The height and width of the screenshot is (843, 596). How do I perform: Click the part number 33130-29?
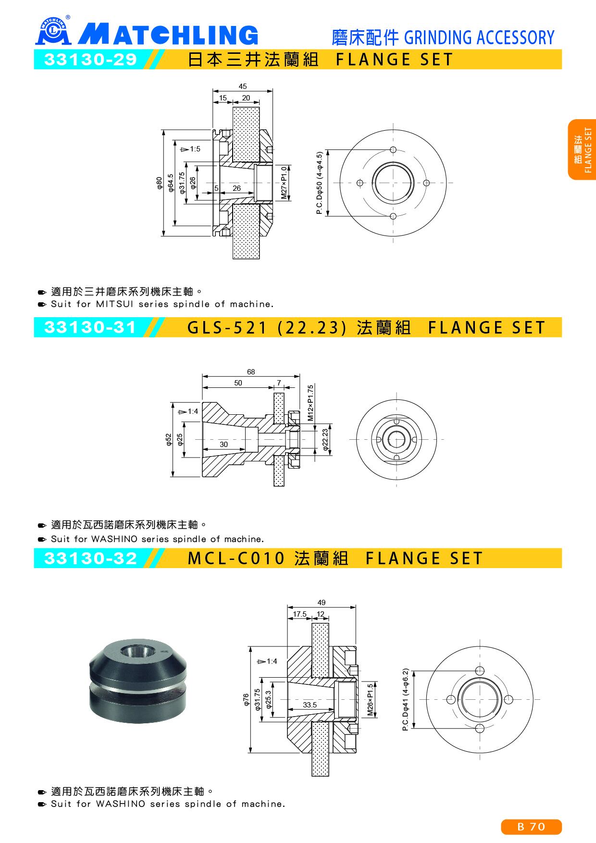point(91,60)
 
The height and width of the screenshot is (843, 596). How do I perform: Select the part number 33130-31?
point(91,327)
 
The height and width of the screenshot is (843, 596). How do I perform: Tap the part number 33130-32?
point(91,558)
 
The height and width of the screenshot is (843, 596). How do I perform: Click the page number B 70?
point(531,827)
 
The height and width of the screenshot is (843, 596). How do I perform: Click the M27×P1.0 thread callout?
point(284,183)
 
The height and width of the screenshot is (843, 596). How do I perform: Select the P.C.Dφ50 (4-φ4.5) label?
point(321,183)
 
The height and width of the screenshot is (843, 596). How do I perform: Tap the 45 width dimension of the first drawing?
point(243,87)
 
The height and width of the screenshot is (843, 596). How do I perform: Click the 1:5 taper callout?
point(190,149)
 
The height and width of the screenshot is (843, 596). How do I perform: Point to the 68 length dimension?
point(251,372)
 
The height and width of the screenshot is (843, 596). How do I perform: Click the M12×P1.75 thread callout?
point(310,403)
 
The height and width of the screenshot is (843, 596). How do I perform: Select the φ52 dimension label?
point(169,440)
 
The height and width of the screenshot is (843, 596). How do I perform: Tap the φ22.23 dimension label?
point(325,440)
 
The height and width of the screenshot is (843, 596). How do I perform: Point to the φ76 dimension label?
point(246,699)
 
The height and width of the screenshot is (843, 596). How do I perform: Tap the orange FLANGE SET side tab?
point(582,149)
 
